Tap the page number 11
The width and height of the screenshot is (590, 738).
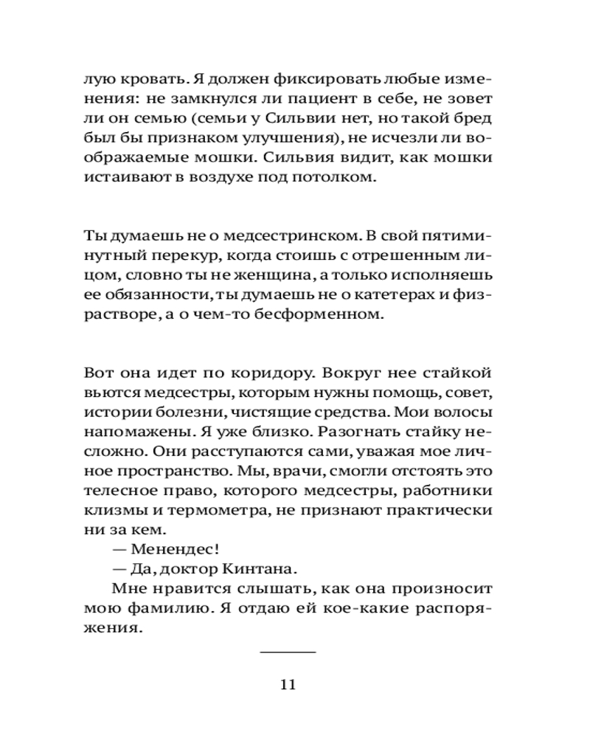(288, 684)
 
